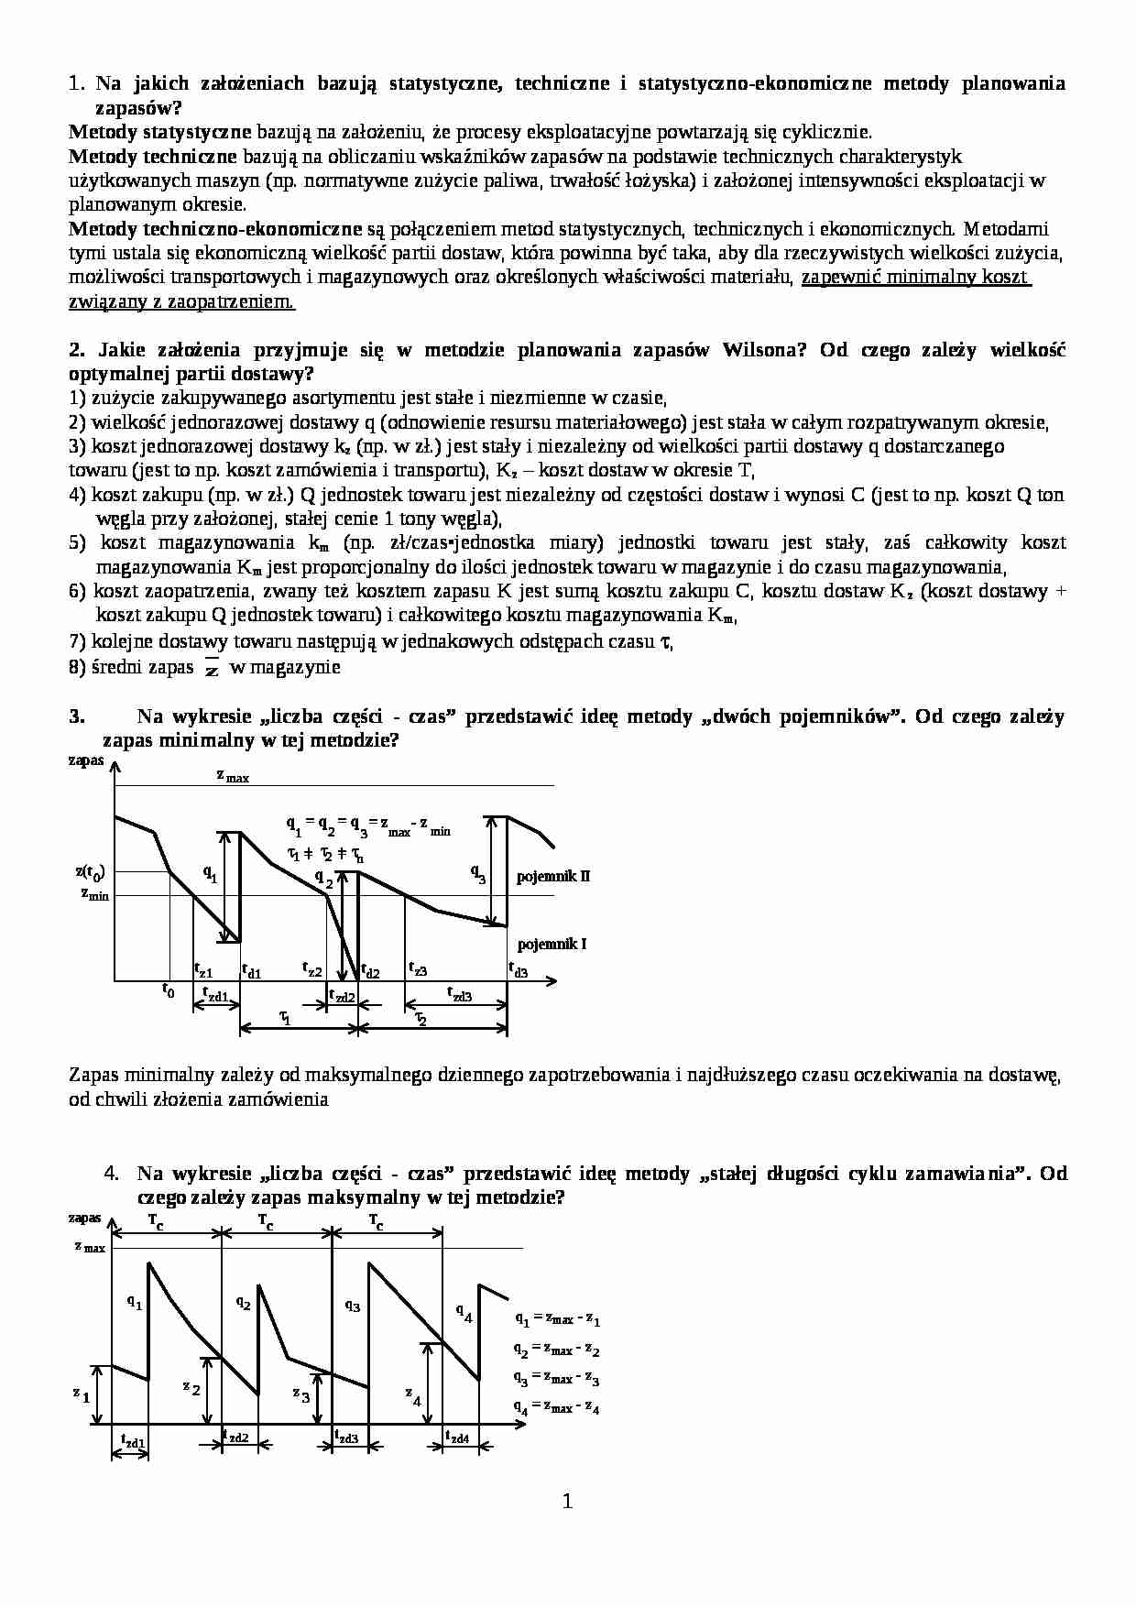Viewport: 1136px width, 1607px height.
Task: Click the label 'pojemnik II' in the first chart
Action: tap(552, 876)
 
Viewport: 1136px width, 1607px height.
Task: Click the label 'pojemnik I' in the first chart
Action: tap(552, 944)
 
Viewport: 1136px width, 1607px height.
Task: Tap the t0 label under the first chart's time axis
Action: tap(168, 989)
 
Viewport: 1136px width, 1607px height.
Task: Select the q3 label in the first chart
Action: tap(478, 873)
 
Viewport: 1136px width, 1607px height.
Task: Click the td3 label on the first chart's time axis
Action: tap(519, 969)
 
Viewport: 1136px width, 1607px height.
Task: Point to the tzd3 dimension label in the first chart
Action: tap(458, 993)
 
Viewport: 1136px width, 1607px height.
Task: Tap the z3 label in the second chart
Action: tap(301, 1394)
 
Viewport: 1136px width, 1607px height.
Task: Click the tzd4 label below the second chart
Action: tap(456, 1438)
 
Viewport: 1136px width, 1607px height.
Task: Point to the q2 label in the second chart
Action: tap(243, 1302)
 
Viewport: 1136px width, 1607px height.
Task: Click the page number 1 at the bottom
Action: tap(567, 1501)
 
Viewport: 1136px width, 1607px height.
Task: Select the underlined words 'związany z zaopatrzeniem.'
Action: tap(181, 301)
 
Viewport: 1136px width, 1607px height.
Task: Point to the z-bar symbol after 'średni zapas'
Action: tap(212, 668)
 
